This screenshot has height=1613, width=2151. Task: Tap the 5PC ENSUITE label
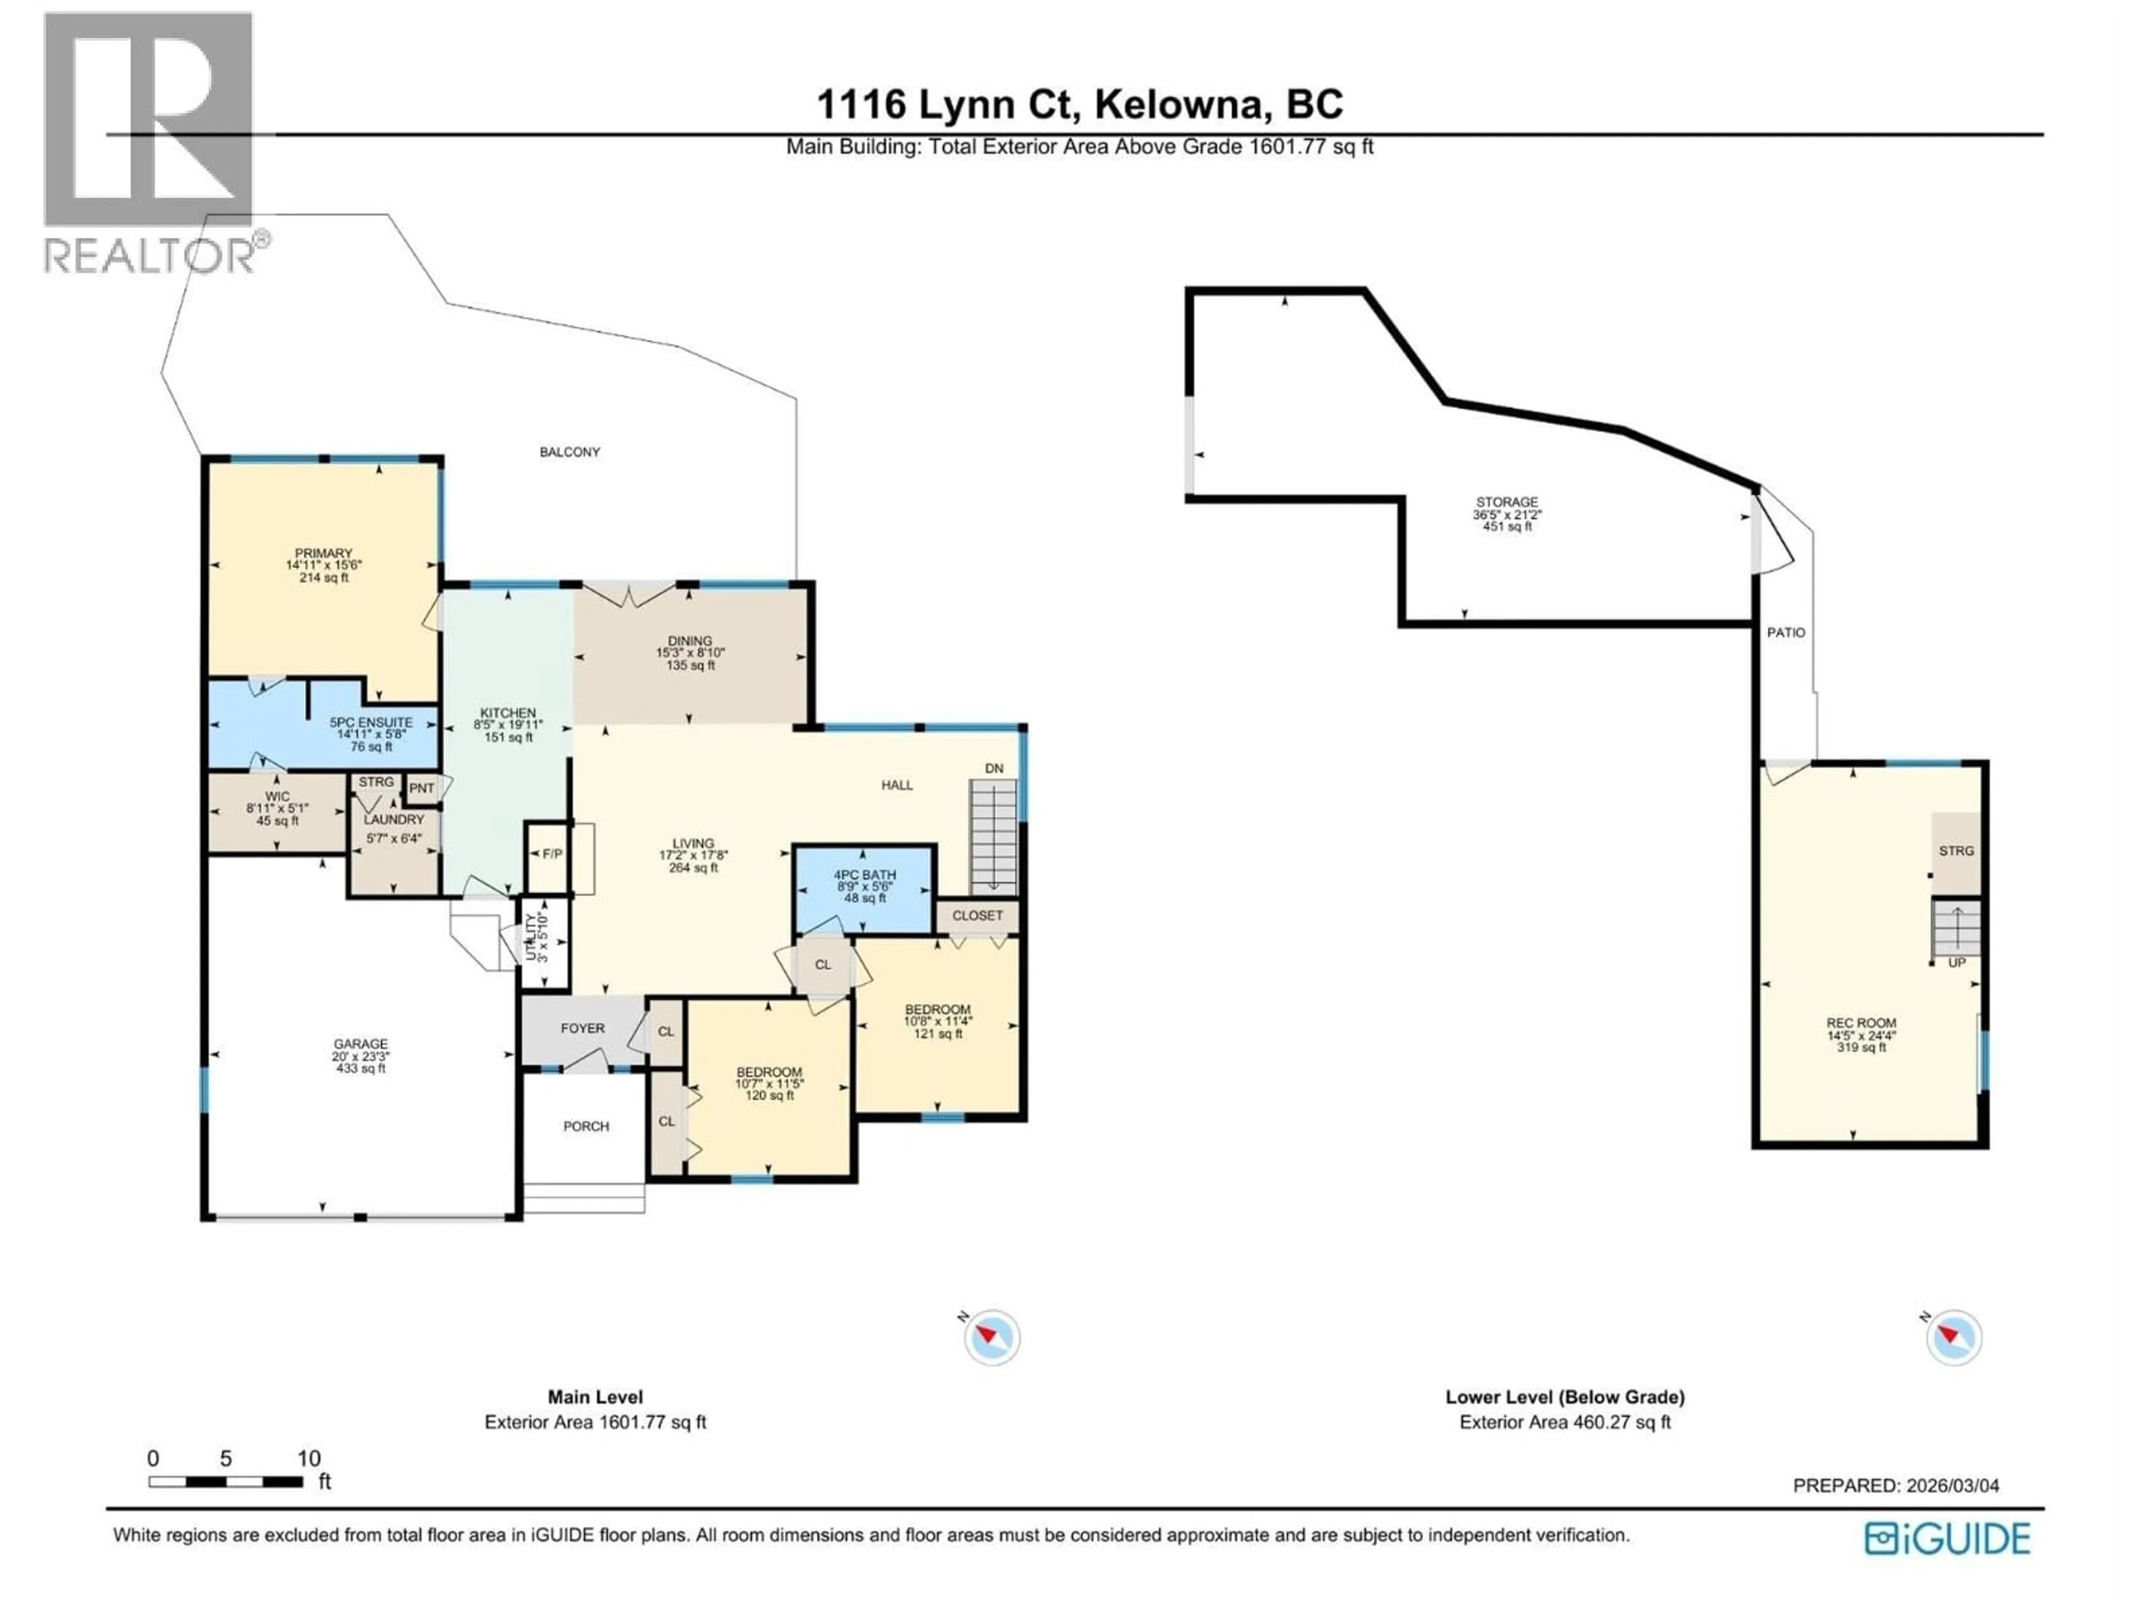tap(370, 722)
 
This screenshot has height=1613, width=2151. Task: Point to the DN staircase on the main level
tap(994, 836)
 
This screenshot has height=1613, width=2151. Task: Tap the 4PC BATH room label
tap(864, 875)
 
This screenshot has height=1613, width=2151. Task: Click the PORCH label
tap(586, 1126)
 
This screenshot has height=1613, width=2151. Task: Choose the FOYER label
tap(583, 1028)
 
